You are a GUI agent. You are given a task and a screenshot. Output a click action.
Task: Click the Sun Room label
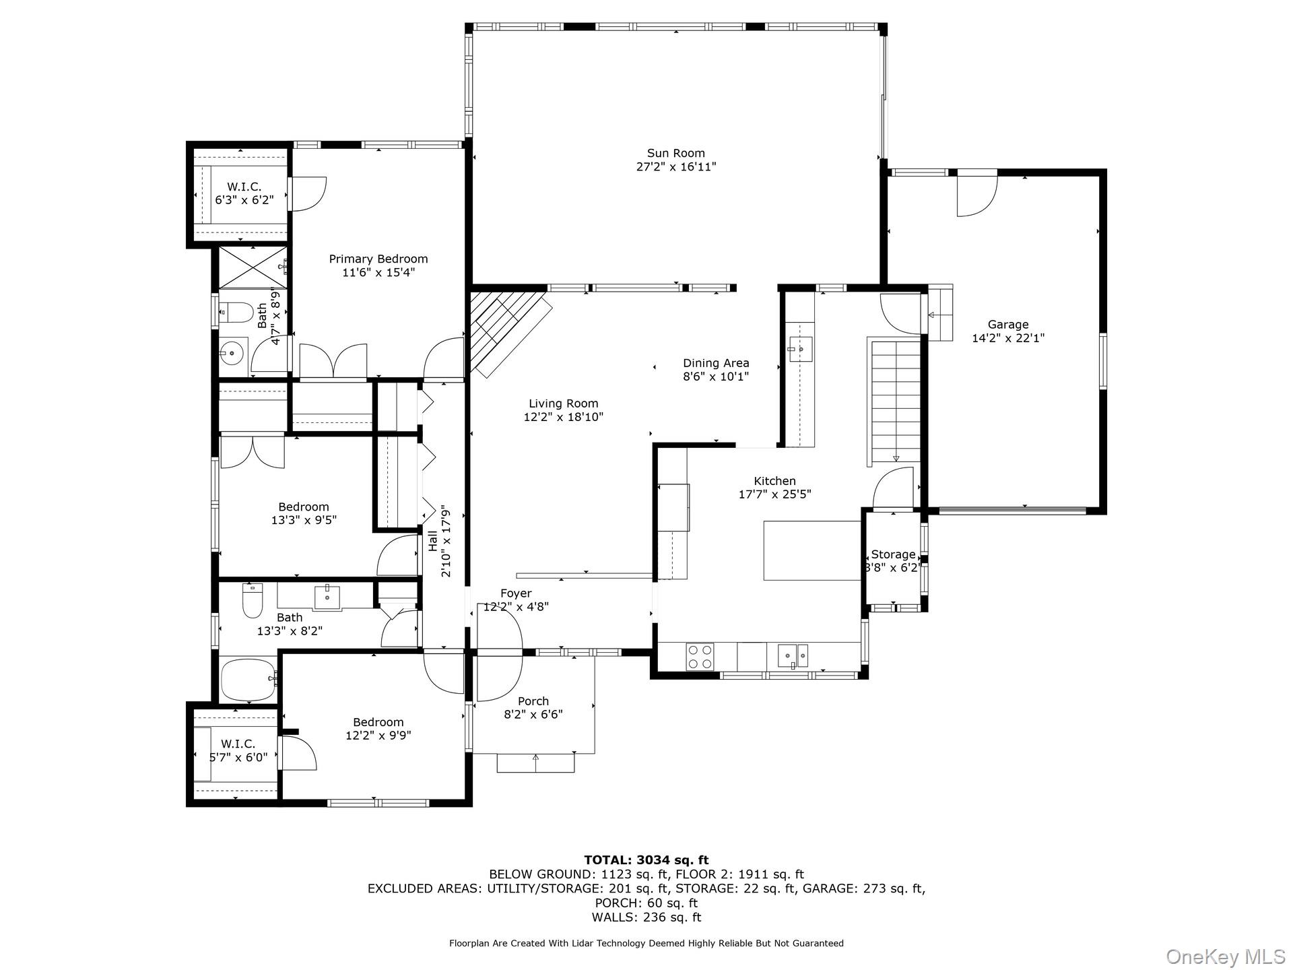tap(675, 154)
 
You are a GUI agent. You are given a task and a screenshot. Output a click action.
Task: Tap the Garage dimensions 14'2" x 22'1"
tap(1007, 338)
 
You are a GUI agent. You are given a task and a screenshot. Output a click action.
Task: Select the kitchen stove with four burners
tap(700, 656)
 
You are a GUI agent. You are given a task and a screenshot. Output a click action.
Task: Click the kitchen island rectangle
tap(812, 550)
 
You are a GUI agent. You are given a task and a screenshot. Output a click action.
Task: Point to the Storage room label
tap(893, 554)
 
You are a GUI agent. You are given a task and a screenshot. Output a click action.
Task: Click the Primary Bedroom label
tap(378, 259)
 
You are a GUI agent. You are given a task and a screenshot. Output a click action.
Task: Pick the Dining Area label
tap(715, 363)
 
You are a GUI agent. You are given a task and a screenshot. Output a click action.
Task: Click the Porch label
tap(533, 701)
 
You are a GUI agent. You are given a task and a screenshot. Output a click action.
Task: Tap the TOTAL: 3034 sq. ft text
tap(646, 860)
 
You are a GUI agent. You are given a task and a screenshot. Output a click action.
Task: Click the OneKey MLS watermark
tap(1225, 956)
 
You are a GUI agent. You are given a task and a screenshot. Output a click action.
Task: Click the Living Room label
tap(563, 403)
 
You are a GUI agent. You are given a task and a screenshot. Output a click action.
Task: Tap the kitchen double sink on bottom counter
tap(793, 655)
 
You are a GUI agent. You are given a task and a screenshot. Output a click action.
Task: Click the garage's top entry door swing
tap(976, 196)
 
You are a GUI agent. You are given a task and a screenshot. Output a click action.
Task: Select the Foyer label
tap(516, 593)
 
